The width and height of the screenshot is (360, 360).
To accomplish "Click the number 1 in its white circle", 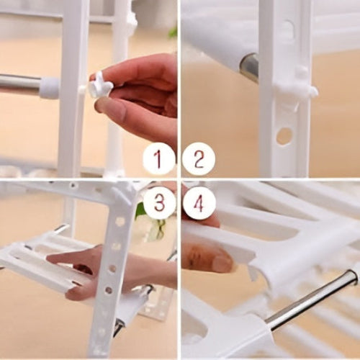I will click(158, 159).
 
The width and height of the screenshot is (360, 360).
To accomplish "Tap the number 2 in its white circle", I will click(199, 159).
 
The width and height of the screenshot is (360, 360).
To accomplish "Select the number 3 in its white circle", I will click(159, 202).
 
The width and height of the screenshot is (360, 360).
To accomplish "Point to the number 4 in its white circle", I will click(199, 204).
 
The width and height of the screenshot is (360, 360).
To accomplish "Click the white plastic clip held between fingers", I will click(100, 87).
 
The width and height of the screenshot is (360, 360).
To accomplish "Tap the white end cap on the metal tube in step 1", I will click(49, 86).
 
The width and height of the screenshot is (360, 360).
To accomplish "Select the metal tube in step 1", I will click(19, 85).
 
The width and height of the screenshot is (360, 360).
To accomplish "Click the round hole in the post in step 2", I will click(284, 135).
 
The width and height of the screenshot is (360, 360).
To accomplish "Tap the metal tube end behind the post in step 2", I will click(249, 67).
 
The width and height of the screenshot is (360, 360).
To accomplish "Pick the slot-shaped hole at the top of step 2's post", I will click(287, 30).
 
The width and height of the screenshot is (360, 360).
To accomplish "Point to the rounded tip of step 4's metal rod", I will click(354, 273).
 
